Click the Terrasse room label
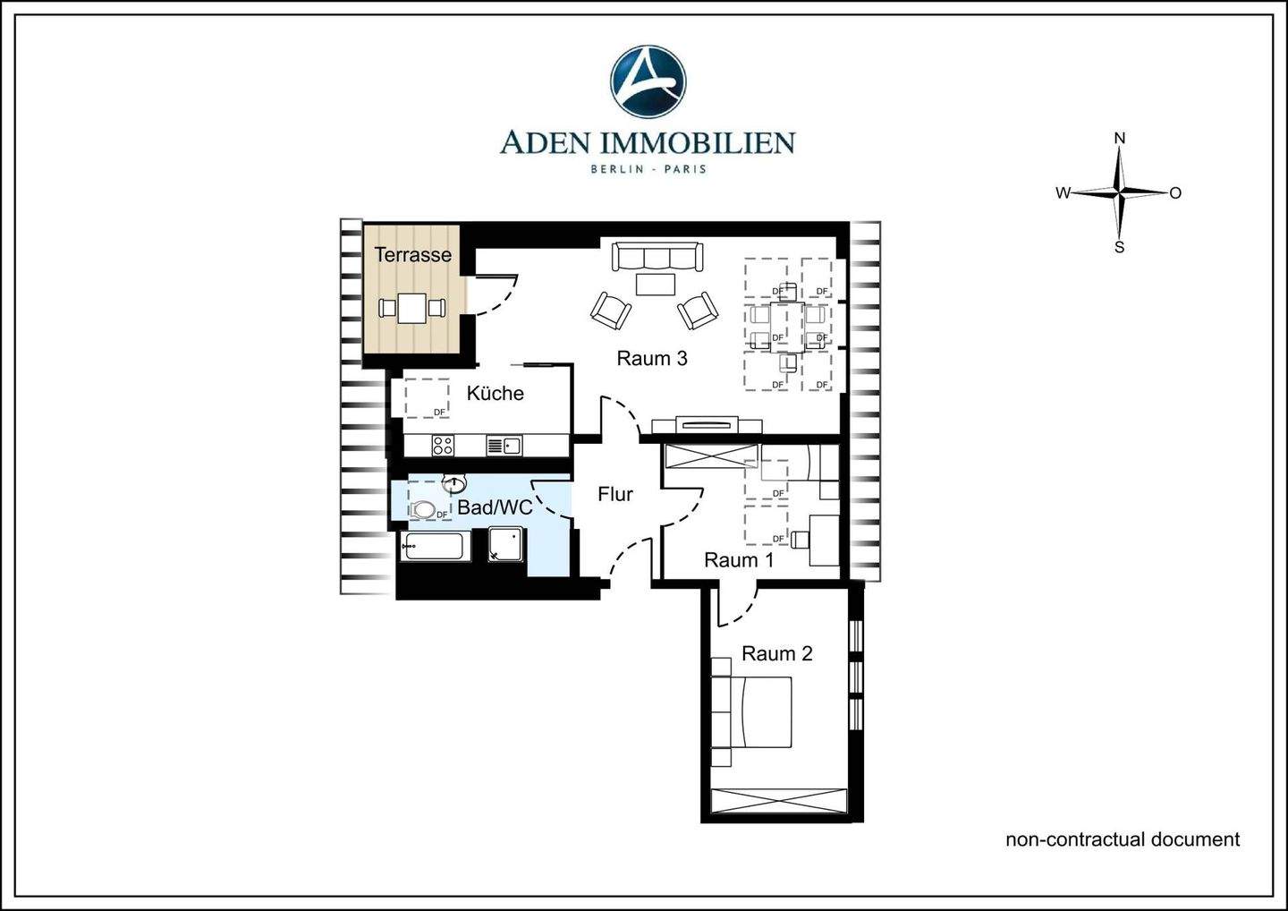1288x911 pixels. [x=412, y=255]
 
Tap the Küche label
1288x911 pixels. [x=495, y=394]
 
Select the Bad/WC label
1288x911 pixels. [x=495, y=508]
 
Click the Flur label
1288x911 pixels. [x=615, y=494]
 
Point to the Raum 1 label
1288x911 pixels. [x=738, y=560]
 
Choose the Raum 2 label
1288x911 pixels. [x=776, y=654]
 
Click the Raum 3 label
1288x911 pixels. [x=652, y=359]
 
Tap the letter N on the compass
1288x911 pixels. [x=1119, y=139]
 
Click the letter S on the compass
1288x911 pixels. [x=1119, y=247]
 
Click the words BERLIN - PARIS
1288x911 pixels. [x=648, y=169]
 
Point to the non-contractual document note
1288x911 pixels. [x=1123, y=839]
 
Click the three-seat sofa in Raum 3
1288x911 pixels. [x=657, y=257]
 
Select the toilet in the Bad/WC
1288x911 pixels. [x=425, y=509]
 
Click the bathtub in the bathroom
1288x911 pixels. [x=435, y=547]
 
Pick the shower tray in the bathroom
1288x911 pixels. [x=507, y=545]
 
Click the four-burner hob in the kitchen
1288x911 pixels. [x=443, y=445]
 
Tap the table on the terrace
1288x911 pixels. [x=412, y=309]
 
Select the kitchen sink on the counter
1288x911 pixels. [x=504, y=445]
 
